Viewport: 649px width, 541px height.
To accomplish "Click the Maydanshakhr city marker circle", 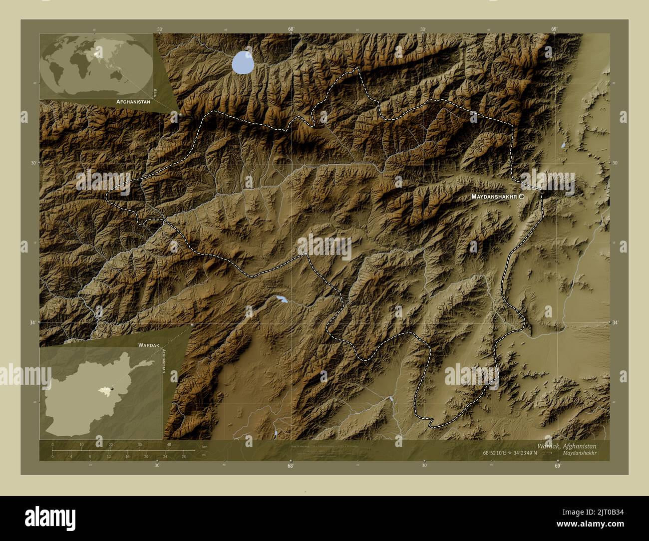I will [522, 197].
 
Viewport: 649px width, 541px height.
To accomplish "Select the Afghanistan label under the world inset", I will [133, 101].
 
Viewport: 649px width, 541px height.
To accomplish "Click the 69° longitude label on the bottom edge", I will [557, 466].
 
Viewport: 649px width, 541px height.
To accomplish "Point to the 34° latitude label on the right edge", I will [616, 323].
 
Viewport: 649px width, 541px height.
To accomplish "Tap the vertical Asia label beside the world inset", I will [156, 92].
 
